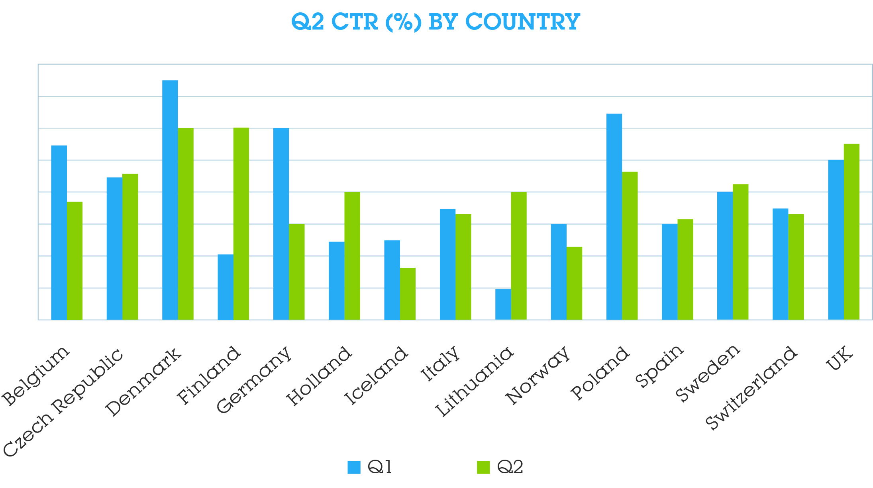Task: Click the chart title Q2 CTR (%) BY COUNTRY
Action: tap(436, 22)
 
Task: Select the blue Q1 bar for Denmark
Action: tap(170, 200)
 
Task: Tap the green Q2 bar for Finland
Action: tap(241, 223)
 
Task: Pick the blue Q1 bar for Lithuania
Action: tap(503, 304)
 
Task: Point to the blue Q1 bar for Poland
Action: tap(614, 217)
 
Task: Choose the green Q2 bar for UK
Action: tap(851, 231)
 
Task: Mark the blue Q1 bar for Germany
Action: tap(281, 223)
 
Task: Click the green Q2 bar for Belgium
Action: tap(75, 261)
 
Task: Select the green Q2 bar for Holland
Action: tap(352, 255)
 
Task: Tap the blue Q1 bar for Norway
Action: tap(559, 271)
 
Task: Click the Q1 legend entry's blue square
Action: tap(354, 467)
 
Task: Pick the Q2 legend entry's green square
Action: tap(483, 467)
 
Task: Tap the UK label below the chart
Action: tap(839, 358)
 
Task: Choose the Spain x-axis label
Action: tap(659, 366)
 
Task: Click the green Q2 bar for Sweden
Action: tap(740, 251)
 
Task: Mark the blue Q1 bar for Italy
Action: tap(447, 264)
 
